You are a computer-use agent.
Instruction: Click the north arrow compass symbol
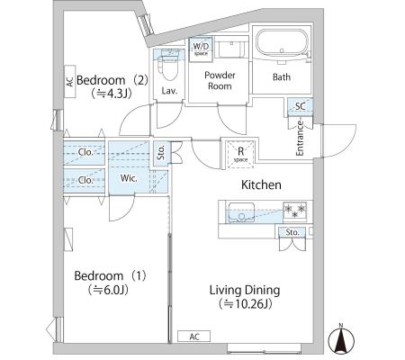(x=341, y=339)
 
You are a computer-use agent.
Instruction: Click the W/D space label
(x=201, y=49)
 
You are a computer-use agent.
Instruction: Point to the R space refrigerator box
(x=240, y=154)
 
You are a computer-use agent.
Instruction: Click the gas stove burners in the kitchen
(x=295, y=210)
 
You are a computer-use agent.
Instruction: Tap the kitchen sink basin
(x=242, y=212)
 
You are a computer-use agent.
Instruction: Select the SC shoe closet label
(x=301, y=106)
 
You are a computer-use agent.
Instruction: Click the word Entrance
(x=300, y=138)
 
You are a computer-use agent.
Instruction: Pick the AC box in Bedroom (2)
(x=69, y=82)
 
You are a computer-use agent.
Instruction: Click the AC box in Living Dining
(x=194, y=337)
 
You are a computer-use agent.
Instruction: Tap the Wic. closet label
(x=129, y=178)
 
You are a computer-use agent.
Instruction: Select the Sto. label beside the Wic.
(x=161, y=152)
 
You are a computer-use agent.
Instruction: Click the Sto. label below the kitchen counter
(x=292, y=232)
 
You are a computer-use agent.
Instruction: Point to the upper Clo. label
(x=85, y=152)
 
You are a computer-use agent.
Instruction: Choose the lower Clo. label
(x=85, y=180)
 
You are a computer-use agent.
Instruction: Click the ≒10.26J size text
(x=246, y=304)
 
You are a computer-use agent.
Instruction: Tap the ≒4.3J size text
(x=112, y=94)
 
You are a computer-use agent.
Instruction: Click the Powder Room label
(x=220, y=80)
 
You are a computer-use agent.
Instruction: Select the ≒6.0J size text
(x=108, y=290)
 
